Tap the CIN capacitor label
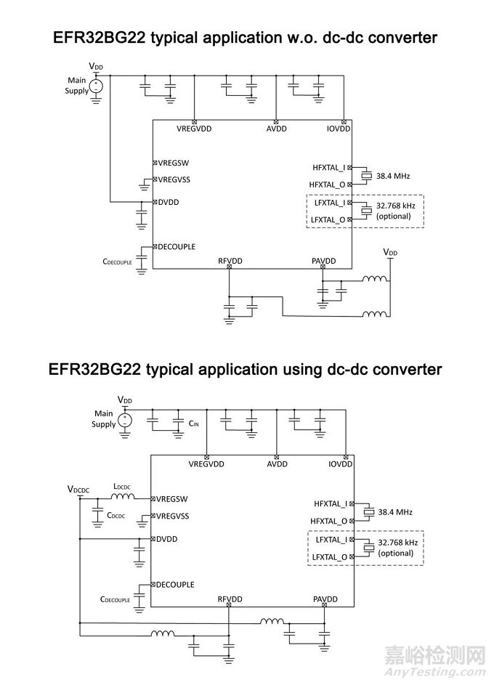(193, 422)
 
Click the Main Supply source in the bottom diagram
(126, 419)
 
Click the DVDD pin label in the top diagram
(168, 202)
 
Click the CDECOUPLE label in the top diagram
(117, 259)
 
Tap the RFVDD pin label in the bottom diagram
(230, 600)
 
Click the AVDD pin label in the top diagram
(277, 129)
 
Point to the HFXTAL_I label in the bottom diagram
(331, 503)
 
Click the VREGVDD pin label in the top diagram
(194, 129)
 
